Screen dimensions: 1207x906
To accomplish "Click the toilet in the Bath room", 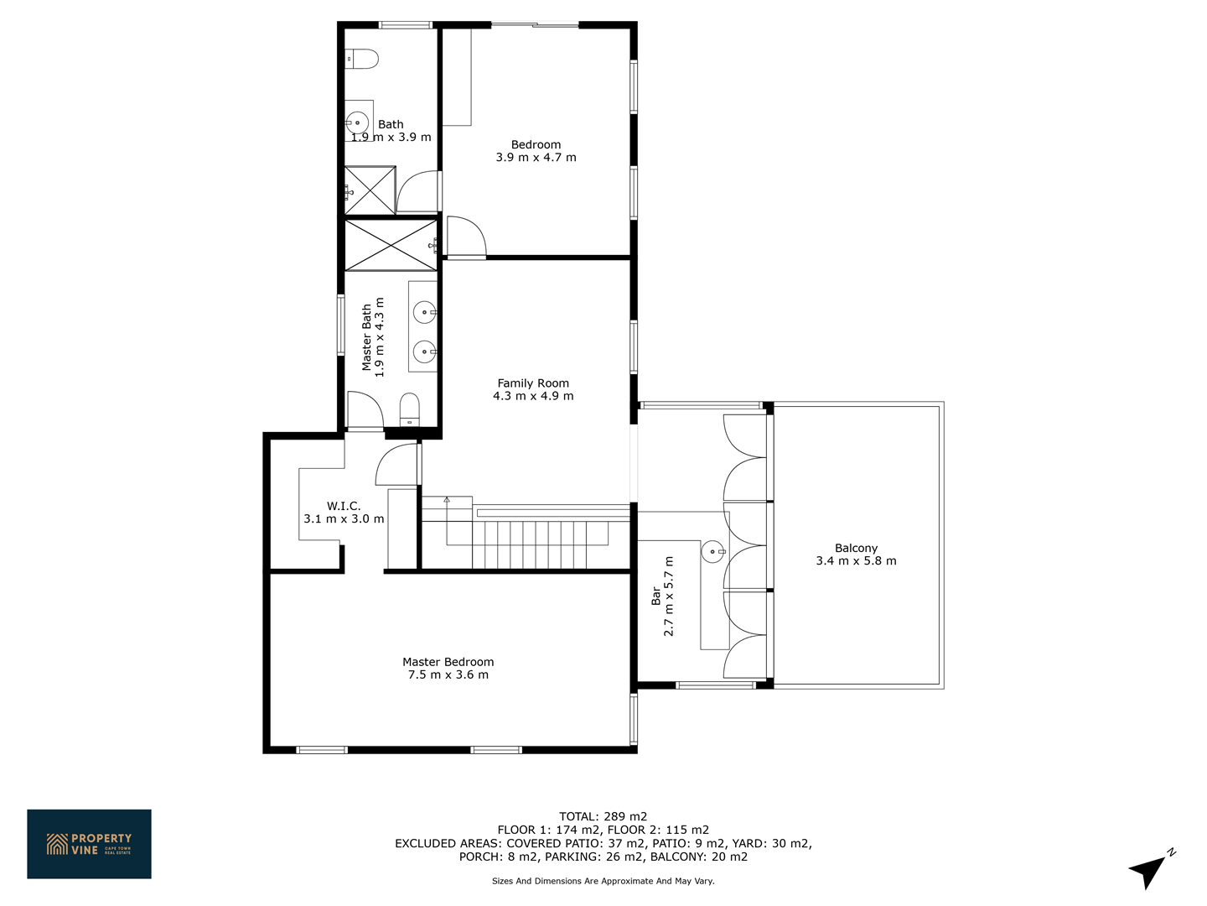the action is point(362,59).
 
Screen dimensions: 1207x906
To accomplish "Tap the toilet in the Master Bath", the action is point(409,409).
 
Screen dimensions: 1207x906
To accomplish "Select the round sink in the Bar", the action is point(712,552).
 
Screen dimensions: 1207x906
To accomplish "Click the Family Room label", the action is point(533,383).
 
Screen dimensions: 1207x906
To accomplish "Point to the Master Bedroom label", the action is point(448,662).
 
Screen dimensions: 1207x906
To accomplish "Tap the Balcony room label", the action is point(856,548).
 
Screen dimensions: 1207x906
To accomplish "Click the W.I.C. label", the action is point(344,506).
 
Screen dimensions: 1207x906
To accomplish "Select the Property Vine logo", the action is point(89,844).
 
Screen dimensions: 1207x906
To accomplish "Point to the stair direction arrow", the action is point(447,499).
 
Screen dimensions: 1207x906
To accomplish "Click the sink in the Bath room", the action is point(357,122).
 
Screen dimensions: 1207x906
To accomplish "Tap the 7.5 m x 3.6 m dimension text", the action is point(448,675).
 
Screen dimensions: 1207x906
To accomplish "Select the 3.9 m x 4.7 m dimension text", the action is point(536,158).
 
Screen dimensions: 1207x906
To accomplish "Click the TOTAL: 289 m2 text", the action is point(603,816).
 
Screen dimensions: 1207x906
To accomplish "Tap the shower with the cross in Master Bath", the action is point(391,245).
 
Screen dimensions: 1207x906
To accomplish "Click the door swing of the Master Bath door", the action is point(365,409).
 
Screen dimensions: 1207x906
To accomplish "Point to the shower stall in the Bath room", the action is point(370,190).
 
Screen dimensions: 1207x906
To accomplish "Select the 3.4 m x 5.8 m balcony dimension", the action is point(856,560).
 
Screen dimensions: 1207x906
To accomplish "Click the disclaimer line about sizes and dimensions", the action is point(603,881).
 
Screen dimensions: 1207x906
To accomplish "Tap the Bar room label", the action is point(656,596).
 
